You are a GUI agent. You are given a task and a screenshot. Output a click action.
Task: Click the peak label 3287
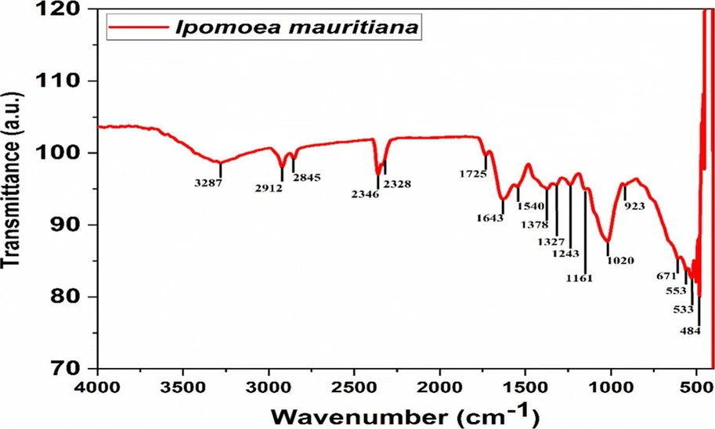(x=209, y=182)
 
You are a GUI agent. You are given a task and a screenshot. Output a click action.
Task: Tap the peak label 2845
(x=307, y=178)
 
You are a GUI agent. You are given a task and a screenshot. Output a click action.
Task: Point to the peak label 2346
(x=365, y=194)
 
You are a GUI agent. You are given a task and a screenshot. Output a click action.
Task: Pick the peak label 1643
(x=490, y=218)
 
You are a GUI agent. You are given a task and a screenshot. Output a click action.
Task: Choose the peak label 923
(x=634, y=207)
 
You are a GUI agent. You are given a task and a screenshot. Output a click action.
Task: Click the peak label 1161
(x=580, y=278)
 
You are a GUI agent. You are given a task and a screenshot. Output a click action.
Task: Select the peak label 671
(x=666, y=276)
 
